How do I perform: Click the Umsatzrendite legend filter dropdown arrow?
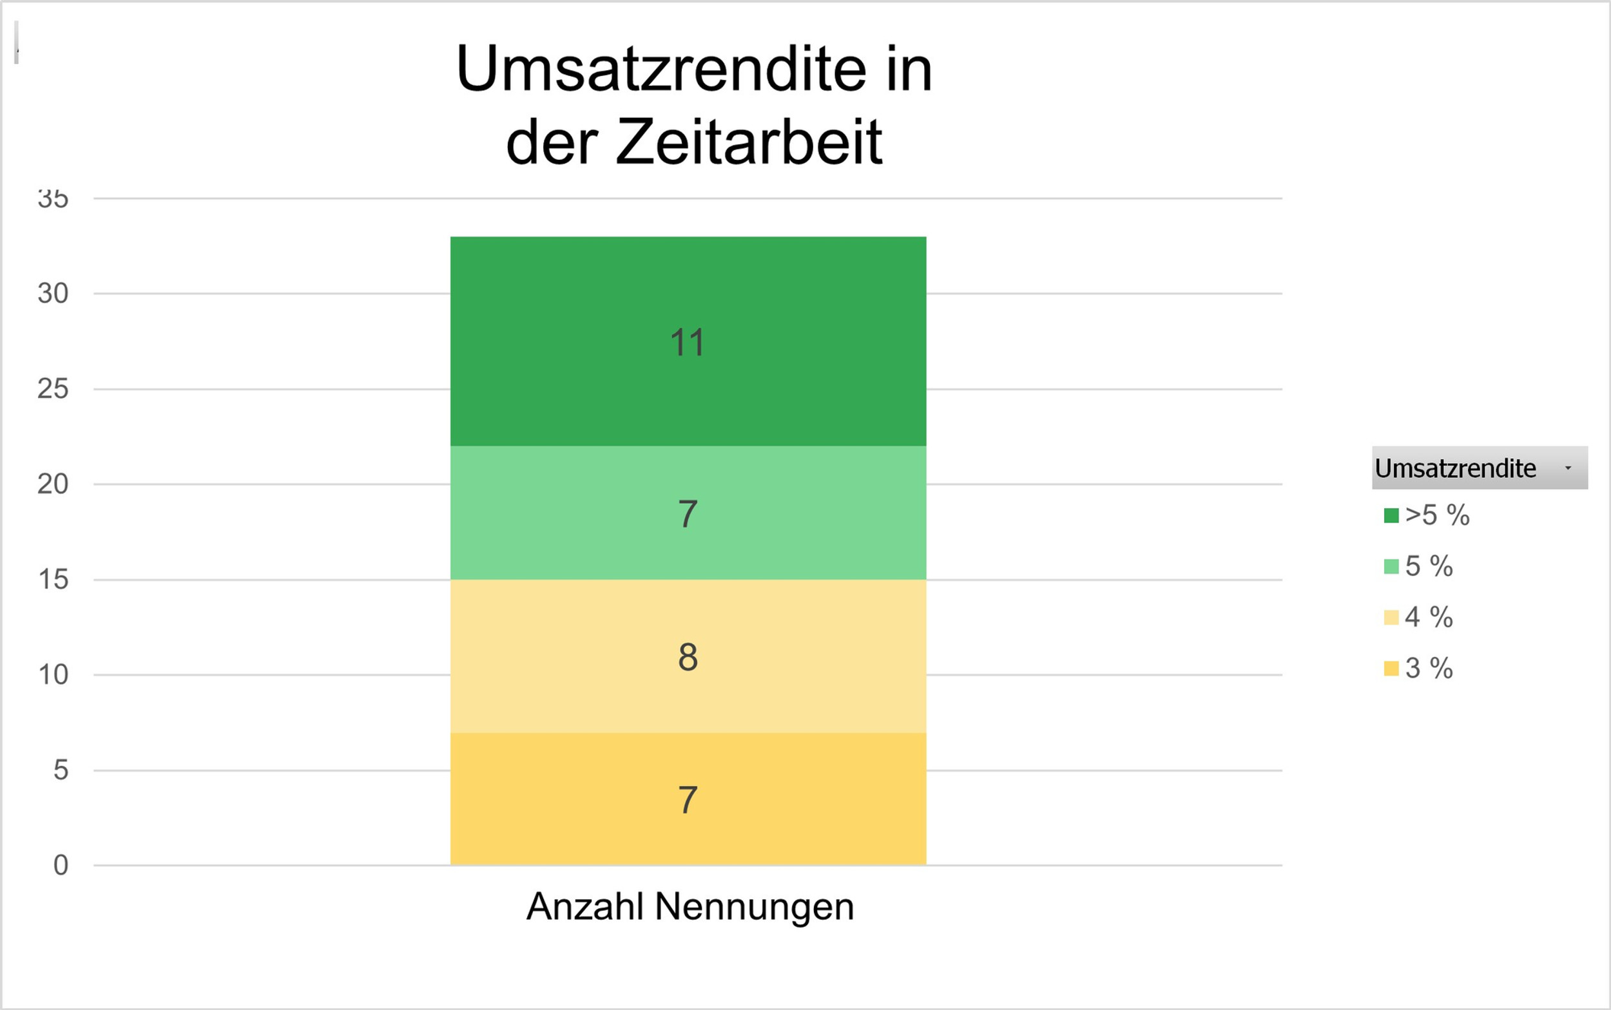1568,468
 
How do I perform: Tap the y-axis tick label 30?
53,293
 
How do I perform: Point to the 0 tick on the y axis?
61,865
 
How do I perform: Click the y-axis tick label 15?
53,579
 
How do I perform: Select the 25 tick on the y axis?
53,389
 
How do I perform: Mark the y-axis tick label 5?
61,770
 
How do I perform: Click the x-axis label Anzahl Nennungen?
690,906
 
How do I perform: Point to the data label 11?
688,343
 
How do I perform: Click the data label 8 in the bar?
688,656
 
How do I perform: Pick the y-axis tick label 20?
53,484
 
